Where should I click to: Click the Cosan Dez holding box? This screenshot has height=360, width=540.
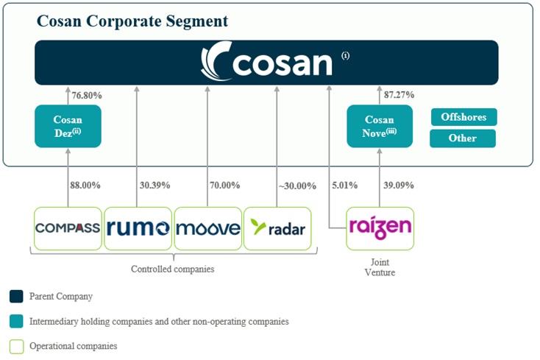click(x=68, y=126)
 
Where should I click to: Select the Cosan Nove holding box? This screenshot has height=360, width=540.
click(x=379, y=126)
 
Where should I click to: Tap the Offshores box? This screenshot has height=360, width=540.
click(x=463, y=117)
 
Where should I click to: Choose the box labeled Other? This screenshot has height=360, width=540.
click(x=463, y=138)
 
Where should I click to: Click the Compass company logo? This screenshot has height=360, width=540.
click(x=68, y=228)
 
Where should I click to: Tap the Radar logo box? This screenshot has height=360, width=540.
click(x=277, y=228)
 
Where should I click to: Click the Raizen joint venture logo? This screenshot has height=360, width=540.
click(x=380, y=228)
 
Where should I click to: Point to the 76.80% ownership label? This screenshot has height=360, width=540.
click(x=87, y=95)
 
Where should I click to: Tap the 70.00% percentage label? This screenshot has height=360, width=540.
click(x=225, y=186)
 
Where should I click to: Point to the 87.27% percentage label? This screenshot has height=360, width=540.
click(x=399, y=95)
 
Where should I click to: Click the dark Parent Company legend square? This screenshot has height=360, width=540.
click(x=16, y=297)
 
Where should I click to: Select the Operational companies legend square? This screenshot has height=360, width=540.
click(x=16, y=345)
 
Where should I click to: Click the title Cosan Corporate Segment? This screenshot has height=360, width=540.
click(x=132, y=21)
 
